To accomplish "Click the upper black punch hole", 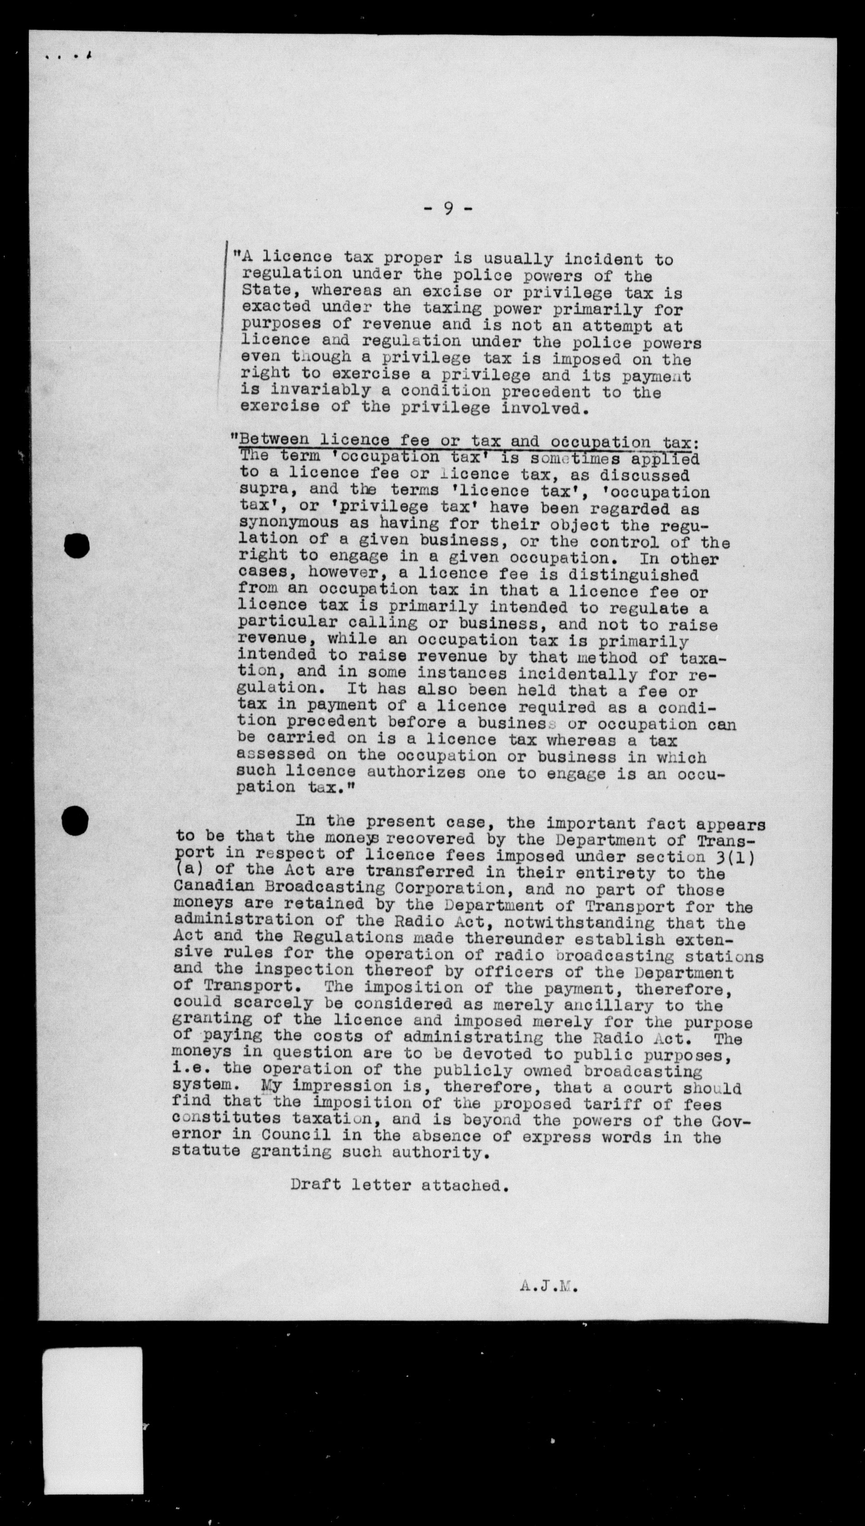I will pyautogui.click(x=77, y=545).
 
